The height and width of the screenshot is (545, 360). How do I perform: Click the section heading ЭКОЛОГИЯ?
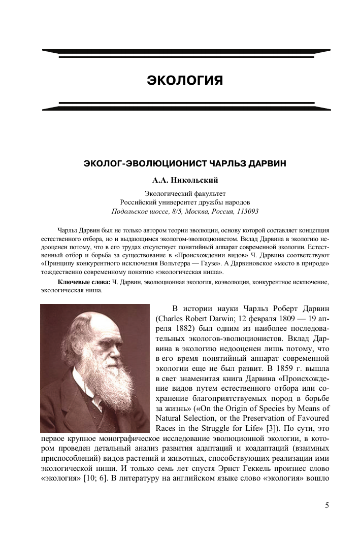click(185, 80)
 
